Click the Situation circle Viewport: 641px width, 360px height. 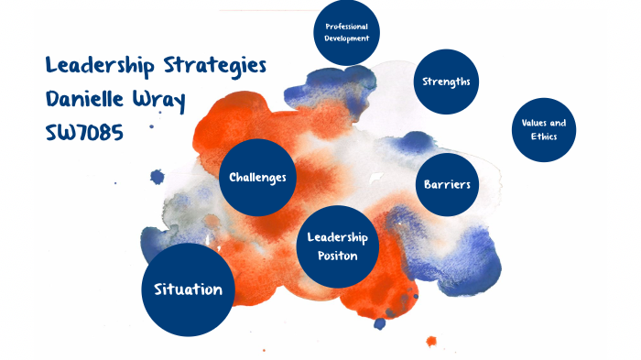point(188,289)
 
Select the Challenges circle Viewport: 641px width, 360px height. point(258,177)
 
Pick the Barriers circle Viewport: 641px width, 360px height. point(447,184)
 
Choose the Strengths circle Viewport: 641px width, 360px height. point(446,82)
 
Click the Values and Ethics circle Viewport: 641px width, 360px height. point(543,129)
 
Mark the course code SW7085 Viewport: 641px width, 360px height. point(84,133)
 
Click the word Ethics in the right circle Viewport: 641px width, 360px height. point(543,136)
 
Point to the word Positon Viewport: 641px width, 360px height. point(337,256)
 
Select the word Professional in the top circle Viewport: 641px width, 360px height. point(346,27)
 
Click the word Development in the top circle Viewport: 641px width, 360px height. point(346,39)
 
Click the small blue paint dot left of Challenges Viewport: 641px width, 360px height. point(158,177)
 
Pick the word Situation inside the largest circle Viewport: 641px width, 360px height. point(188,289)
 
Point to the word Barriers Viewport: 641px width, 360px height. point(447,184)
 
